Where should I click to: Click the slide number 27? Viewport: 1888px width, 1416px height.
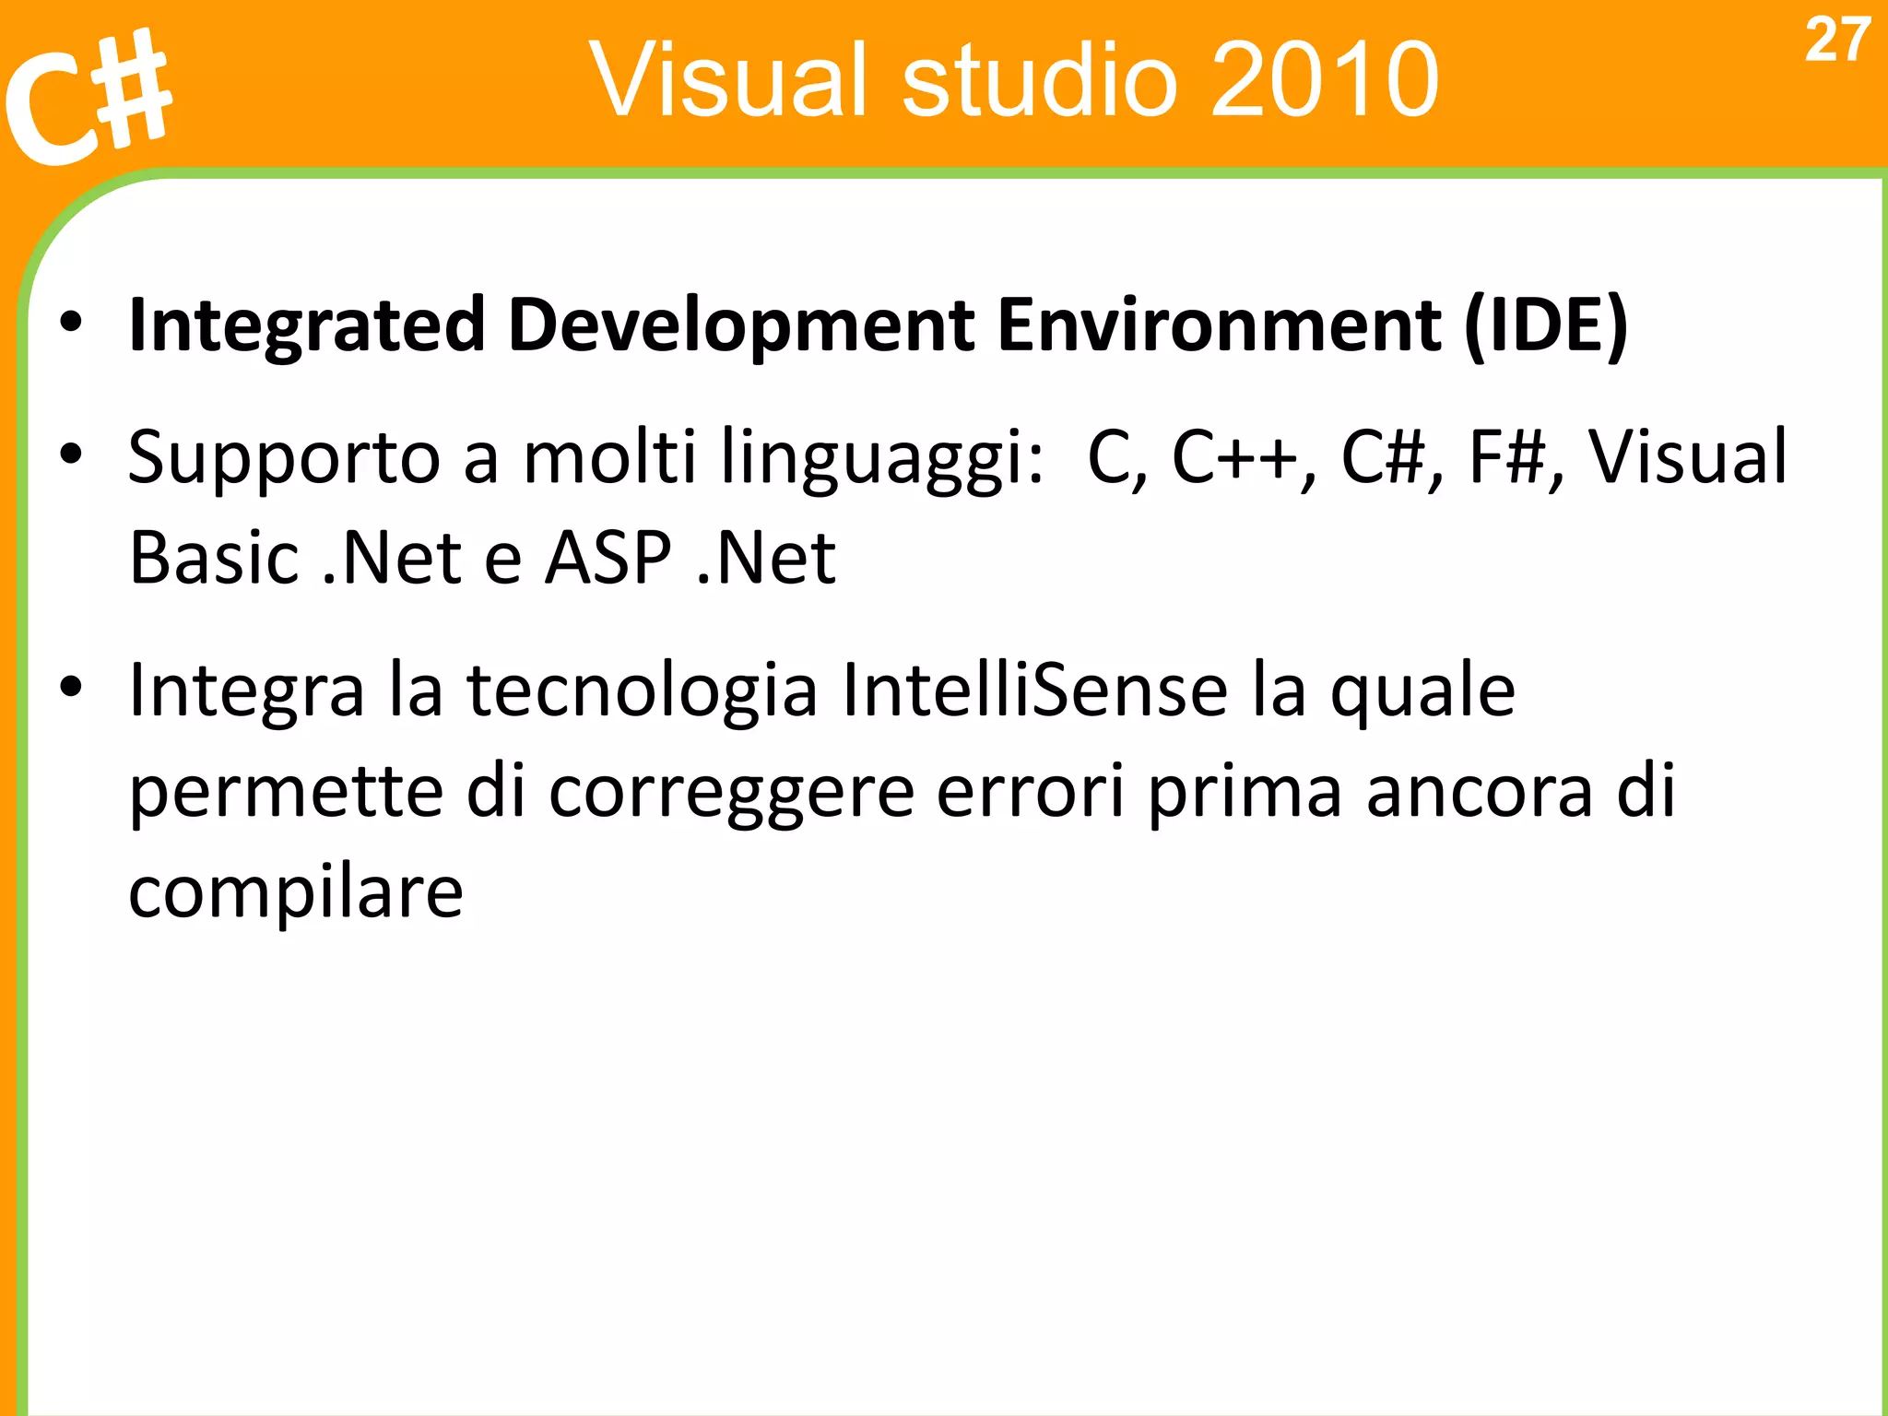click(1836, 41)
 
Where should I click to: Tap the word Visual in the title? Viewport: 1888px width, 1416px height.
click(729, 80)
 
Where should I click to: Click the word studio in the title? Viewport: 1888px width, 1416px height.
click(1039, 80)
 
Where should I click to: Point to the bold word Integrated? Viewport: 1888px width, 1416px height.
click(306, 324)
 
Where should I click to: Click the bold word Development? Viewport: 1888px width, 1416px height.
click(740, 324)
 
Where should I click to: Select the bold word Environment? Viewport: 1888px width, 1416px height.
click(1219, 324)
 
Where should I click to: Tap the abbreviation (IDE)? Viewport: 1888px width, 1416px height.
click(1546, 324)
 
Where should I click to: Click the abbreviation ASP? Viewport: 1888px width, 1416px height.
click(608, 559)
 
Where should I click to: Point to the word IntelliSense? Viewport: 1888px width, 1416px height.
click(1034, 690)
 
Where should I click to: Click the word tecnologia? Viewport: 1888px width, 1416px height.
click(642, 692)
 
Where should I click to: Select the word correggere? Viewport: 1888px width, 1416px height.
click(731, 793)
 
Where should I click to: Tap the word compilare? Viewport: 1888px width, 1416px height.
click(295, 893)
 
